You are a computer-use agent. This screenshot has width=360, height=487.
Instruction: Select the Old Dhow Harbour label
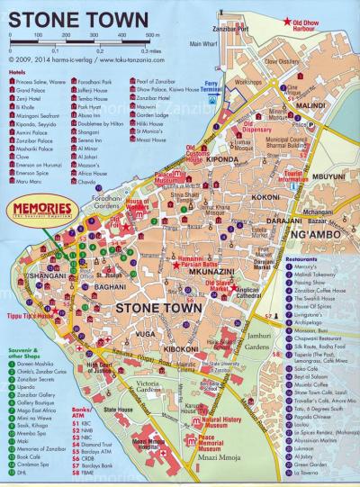325,22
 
